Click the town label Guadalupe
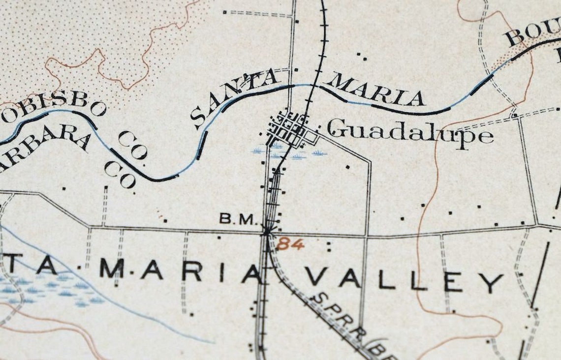tap(410, 132)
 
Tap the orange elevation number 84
tap(290, 243)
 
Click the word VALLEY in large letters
tap(404, 281)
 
